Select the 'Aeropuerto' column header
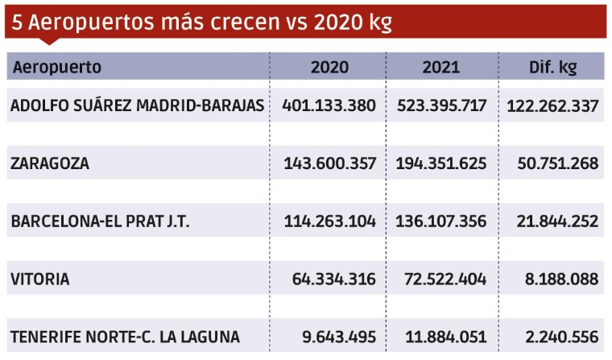point(57,67)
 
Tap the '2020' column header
point(329,67)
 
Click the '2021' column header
point(441,67)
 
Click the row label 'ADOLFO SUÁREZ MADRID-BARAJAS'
point(137,106)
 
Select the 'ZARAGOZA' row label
point(50,163)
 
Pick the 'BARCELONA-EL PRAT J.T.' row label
point(100,221)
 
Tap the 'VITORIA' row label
point(40,279)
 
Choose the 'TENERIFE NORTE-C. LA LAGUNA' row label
point(125,337)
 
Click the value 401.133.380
point(329,106)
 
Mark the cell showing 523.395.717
point(441,106)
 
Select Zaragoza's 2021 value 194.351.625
point(441,163)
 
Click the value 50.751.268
point(556,163)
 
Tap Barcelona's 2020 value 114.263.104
point(329,221)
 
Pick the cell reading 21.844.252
point(556,221)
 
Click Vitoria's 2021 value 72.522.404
point(446,279)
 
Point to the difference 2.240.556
point(560,337)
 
